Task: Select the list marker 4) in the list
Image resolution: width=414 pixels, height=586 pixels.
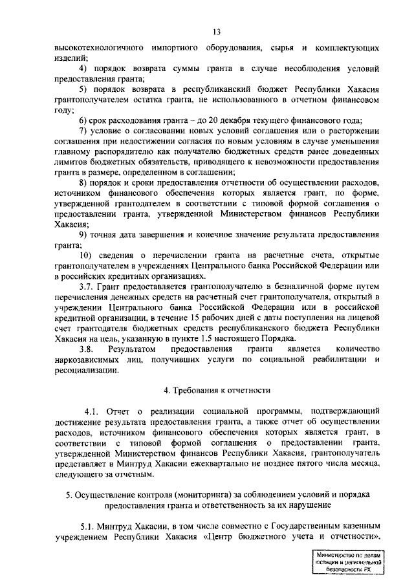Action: (x=84, y=69)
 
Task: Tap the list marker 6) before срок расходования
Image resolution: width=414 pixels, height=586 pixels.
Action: (x=84, y=121)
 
